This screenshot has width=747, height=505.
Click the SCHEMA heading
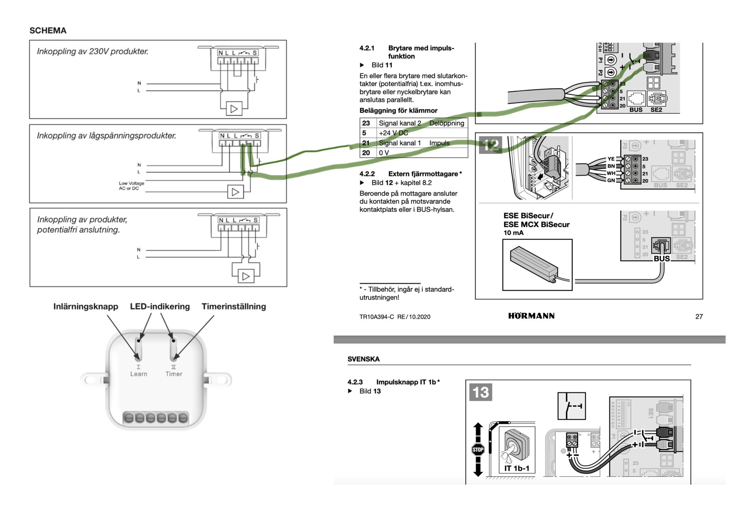pos(48,31)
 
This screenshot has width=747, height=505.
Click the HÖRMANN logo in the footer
pos(531,316)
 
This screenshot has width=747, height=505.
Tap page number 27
pos(699,316)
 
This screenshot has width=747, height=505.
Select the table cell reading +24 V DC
pos(393,133)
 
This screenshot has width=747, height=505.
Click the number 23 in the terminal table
pos(366,123)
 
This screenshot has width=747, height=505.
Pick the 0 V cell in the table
pos(384,153)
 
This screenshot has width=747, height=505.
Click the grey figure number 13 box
pos(480,392)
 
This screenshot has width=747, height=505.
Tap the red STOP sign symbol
pos(478,449)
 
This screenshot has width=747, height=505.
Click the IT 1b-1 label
pos(516,468)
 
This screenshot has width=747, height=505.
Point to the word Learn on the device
pos(139,374)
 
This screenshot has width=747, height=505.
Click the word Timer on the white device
pos(174,374)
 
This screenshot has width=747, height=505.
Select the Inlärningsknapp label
pos(86,307)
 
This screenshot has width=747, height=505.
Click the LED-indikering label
pos(160,307)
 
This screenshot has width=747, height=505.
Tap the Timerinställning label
pos(234,307)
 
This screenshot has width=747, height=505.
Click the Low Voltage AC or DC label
pos(131,186)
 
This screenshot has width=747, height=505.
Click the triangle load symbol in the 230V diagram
pos(234,109)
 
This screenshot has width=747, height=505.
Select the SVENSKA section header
pos(363,359)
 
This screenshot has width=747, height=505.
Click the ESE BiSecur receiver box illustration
pos(537,265)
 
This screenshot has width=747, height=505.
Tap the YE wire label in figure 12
pos(611,159)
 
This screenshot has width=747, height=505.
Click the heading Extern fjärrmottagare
pos(425,174)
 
